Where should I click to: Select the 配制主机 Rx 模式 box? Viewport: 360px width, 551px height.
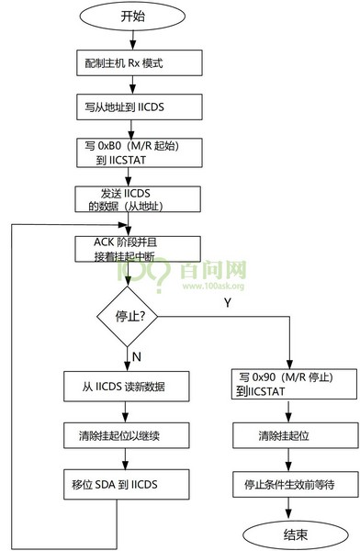126,64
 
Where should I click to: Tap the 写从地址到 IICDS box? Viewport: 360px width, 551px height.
126,107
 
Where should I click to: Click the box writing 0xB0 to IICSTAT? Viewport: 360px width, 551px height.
126,152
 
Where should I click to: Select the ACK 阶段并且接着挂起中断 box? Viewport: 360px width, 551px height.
126,249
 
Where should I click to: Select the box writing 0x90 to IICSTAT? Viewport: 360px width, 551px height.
288,384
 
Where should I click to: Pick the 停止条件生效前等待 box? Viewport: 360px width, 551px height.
288,483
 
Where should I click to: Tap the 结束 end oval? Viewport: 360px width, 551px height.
288,533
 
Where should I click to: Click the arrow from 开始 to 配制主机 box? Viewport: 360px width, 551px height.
126,41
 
